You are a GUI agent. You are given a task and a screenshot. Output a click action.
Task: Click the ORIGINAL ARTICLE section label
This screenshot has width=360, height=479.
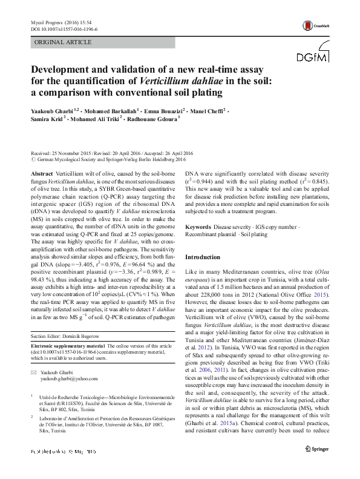pos(59,43)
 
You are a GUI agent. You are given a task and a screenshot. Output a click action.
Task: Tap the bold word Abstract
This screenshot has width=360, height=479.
pos(42,173)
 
